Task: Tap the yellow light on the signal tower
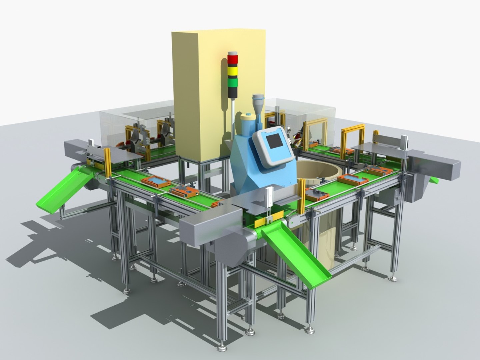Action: (x=233, y=71)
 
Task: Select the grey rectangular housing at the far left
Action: (x=75, y=148)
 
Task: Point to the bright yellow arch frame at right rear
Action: (x=353, y=137)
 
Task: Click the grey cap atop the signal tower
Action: (x=233, y=54)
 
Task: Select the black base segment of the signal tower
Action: (x=233, y=92)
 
